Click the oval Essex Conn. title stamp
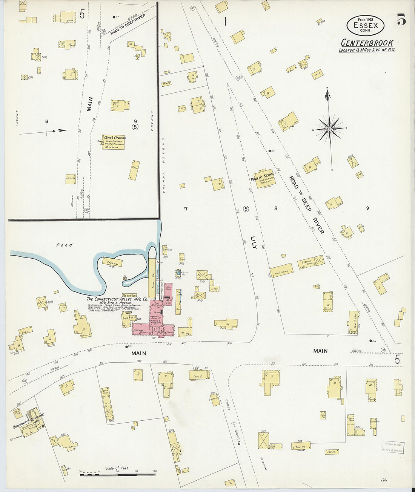365,26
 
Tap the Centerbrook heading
367,43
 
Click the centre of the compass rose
330,129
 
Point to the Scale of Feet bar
118,474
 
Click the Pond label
65,245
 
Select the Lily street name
254,242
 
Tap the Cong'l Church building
113,142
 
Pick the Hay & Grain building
281,270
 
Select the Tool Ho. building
301,446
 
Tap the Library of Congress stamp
393,447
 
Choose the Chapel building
71,179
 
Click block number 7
186,209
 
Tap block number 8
276,208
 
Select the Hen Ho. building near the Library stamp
332,451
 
